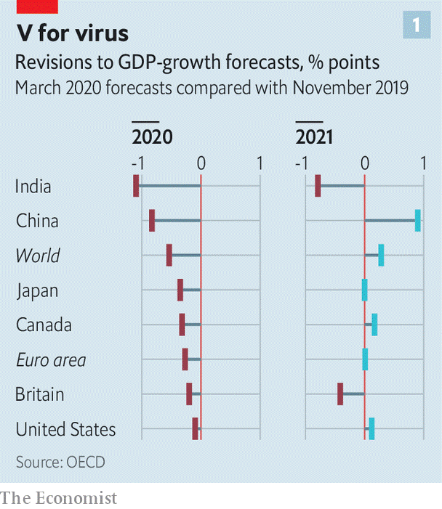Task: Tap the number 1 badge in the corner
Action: click(417, 26)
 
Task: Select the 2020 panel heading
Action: click(152, 136)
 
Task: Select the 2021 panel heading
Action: click(314, 136)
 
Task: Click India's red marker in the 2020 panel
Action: click(136, 186)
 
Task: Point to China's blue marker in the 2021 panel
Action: click(417, 220)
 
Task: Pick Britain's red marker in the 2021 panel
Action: click(340, 394)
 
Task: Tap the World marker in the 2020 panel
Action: click(169, 255)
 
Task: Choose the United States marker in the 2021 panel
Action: click(371, 428)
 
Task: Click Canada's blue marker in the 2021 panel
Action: click(374, 325)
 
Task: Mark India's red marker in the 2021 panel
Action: click(318, 186)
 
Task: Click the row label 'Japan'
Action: click(37, 290)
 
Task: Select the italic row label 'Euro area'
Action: click(50, 360)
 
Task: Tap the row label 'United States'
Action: click(65, 429)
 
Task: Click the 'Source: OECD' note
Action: click(60, 462)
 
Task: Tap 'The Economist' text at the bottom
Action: click(58, 498)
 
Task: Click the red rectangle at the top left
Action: click(29, 5)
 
